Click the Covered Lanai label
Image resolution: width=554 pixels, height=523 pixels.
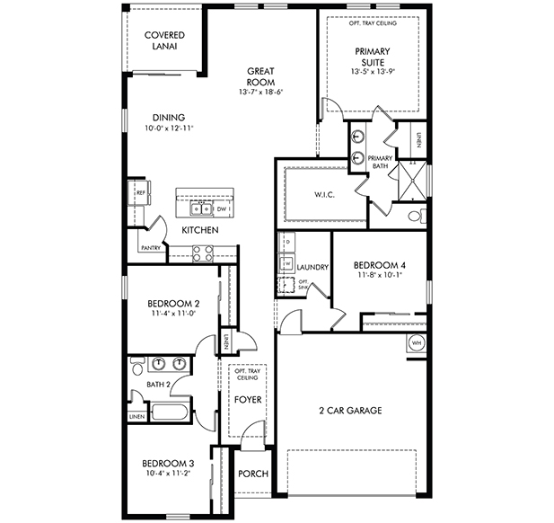[164, 42]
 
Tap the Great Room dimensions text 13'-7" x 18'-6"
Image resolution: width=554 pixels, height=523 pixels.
[261, 93]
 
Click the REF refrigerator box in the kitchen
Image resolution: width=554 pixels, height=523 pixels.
[140, 193]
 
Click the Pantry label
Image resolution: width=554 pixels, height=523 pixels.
[150, 248]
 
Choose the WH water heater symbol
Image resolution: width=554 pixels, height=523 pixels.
[417, 342]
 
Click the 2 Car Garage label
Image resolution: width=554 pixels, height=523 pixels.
[350, 411]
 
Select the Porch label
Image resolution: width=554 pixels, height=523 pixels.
[253, 474]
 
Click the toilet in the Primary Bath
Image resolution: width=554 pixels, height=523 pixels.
[415, 216]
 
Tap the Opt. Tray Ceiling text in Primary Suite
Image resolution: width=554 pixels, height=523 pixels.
[373, 23]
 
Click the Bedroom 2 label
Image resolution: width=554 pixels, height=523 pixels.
[172, 304]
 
